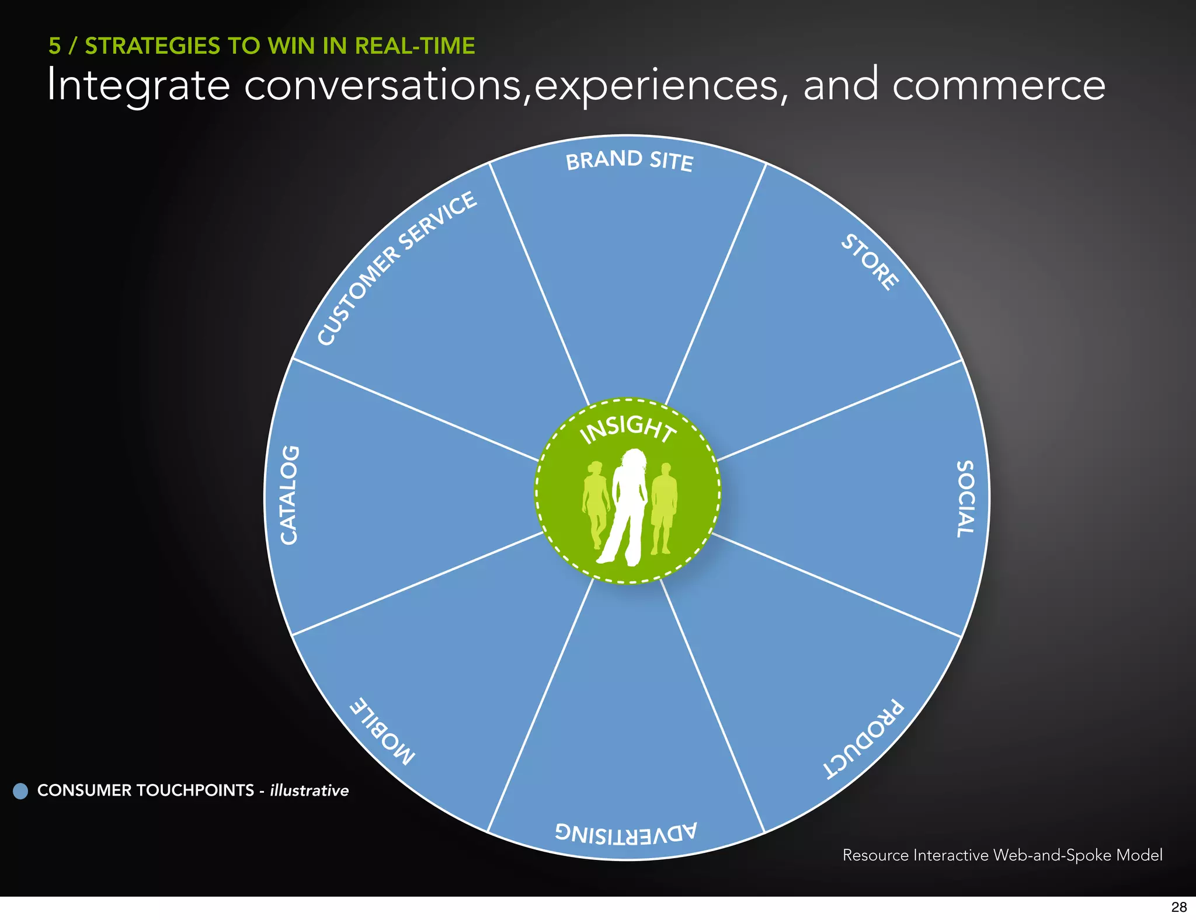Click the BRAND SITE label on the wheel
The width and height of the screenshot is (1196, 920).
pos(630,160)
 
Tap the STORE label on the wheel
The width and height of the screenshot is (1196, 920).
pos(870,262)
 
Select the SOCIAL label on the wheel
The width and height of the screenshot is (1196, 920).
pos(965,499)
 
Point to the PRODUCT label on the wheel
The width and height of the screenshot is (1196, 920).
pos(864,739)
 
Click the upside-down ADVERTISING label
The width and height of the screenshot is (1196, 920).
pos(626,832)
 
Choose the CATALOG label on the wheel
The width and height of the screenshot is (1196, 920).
pos(290,495)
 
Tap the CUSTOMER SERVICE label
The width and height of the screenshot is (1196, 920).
pos(397,268)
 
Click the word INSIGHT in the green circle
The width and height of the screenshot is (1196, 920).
pos(628,428)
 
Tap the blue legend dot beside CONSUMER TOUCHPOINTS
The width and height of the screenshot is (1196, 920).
pos(20,791)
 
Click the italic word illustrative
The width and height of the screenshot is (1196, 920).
pos(309,790)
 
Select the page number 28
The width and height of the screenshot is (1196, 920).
pos(1178,907)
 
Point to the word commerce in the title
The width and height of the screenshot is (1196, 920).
pos(999,85)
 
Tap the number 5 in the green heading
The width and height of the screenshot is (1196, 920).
pos(54,46)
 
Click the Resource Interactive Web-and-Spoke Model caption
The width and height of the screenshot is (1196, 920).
pos(1002,855)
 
